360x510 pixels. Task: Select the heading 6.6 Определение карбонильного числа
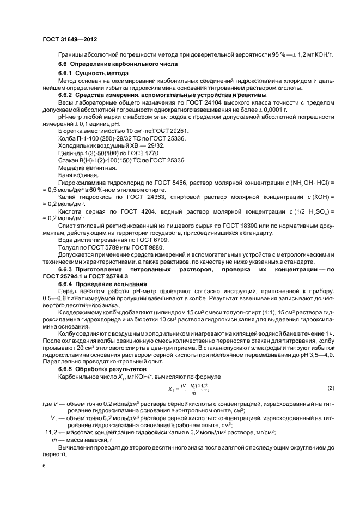pos(111,65)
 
